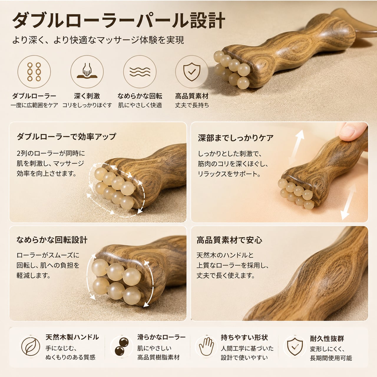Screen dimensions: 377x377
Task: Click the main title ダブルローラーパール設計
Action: click(x=119, y=21)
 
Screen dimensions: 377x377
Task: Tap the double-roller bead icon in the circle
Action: click(x=34, y=72)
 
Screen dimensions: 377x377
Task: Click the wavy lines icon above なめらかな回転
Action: click(x=140, y=72)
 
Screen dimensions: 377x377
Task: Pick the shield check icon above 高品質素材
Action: click(x=192, y=72)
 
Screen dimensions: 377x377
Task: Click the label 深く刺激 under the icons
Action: click(x=87, y=96)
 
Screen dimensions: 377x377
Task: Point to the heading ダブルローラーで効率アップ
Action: click(x=66, y=136)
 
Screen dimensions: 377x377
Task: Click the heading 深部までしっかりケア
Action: click(x=236, y=138)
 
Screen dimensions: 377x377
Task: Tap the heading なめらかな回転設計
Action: click(x=52, y=240)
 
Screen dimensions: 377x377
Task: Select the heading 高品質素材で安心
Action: click(x=229, y=240)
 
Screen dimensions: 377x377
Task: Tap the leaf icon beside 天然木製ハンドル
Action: click(x=31, y=347)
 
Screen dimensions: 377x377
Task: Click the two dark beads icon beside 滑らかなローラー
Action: click(x=122, y=346)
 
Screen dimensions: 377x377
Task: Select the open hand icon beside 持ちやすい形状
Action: click(x=206, y=347)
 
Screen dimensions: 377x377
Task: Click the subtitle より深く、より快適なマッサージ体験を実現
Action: click(x=98, y=40)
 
